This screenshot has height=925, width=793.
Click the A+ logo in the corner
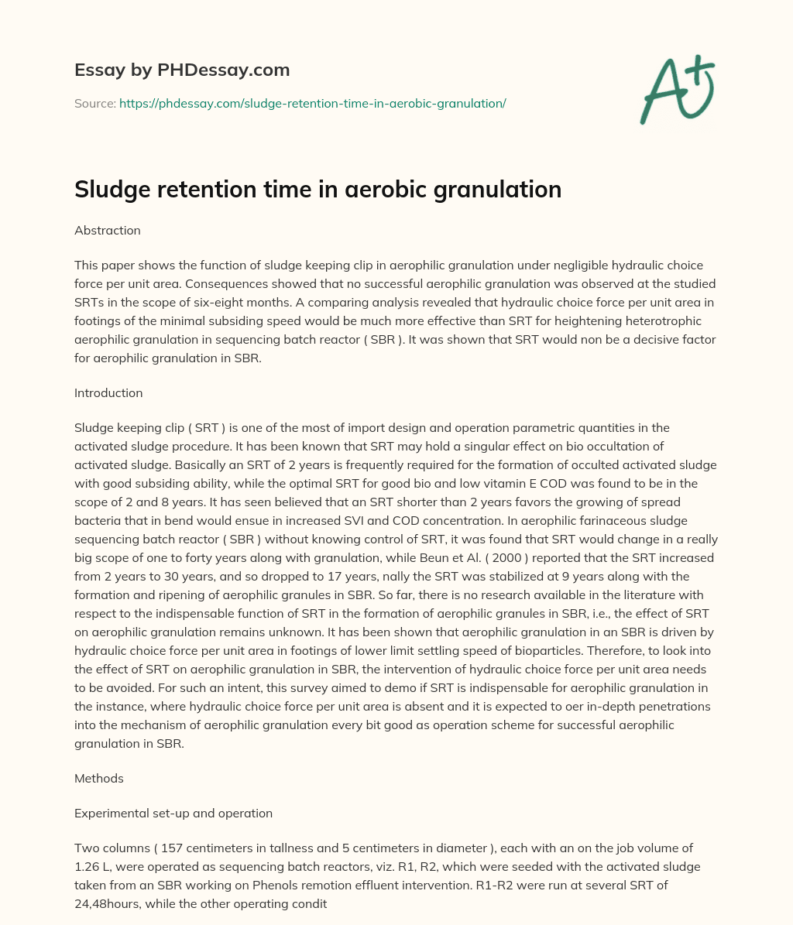(x=677, y=91)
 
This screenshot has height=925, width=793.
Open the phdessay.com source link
(x=312, y=103)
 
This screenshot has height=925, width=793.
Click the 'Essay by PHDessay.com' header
(x=182, y=70)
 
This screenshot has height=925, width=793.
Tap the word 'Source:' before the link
(x=94, y=103)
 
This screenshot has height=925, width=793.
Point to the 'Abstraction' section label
(x=108, y=231)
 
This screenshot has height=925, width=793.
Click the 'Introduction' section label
(x=108, y=392)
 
